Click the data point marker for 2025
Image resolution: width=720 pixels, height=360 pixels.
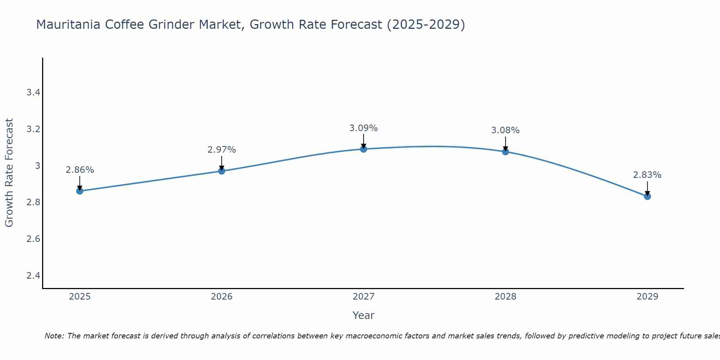(80, 191)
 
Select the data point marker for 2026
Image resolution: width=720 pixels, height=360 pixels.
(222, 171)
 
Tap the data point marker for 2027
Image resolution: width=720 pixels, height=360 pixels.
(364, 149)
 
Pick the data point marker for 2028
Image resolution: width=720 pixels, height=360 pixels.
(505, 152)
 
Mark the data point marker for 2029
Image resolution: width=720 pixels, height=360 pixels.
(647, 196)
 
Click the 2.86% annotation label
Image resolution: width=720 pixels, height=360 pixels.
(80, 170)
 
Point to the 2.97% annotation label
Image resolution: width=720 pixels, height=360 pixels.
(222, 150)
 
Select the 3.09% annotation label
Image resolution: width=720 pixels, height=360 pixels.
(364, 128)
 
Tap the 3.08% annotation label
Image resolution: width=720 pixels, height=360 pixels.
(505, 130)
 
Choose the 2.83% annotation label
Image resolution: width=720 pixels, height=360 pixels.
(647, 175)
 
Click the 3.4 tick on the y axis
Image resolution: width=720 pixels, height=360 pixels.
(33, 93)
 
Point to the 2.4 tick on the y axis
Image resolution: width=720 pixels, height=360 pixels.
(33, 276)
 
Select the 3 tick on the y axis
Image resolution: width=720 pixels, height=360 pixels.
(37, 166)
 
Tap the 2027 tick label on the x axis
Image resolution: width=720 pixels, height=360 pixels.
(364, 297)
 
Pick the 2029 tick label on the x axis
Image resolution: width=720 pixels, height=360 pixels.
(647, 297)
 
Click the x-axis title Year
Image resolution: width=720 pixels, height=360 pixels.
(364, 315)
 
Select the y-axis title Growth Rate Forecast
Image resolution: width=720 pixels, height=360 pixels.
(9, 173)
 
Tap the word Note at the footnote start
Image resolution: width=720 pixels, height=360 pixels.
(54, 336)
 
